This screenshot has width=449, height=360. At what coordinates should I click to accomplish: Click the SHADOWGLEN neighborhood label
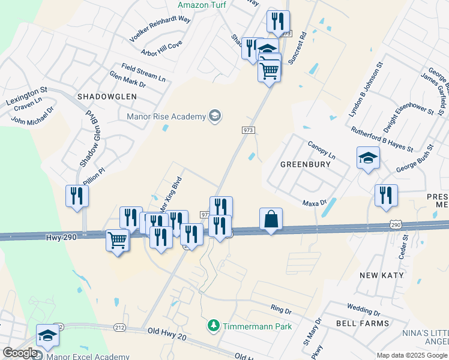[107, 96]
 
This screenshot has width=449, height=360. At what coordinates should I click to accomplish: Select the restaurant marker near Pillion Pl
[77, 196]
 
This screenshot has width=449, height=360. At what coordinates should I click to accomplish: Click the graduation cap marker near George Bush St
[368, 158]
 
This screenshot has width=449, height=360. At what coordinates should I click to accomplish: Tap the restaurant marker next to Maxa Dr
[385, 196]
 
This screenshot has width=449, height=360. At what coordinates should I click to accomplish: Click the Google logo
[20, 353]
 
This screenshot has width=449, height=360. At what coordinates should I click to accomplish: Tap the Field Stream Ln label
[143, 72]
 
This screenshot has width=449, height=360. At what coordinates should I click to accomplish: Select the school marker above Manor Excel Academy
[47, 335]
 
